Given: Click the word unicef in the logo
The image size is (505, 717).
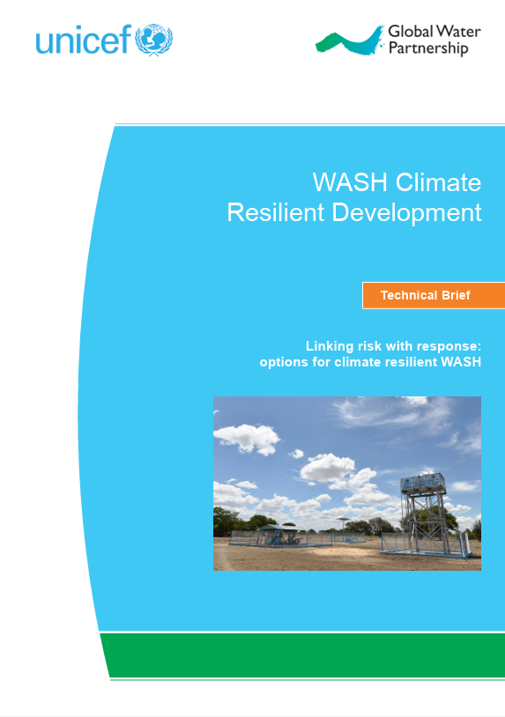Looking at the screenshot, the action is pyautogui.click(x=84, y=40).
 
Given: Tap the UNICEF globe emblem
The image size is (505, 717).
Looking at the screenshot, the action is pyautogui.click(x=153, y=40).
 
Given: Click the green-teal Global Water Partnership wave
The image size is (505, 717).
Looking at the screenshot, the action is pyautogui.click(x=350, y=41).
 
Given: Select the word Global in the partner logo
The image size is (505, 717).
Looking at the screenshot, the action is pyautogui.click(x=411, y=32).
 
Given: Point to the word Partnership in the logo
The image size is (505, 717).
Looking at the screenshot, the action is pyautogui.click(x=428, y=48).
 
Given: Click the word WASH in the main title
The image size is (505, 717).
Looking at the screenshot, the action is pyautogui.click(x=350, y=182).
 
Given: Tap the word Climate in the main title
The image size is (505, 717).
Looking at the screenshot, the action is pyautogui.click(x=438, y=182).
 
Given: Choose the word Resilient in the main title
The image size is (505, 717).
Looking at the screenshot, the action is pyautogui.click(x=275, y=212).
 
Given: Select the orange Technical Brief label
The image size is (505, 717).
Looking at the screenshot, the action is pyautogui.click(x=434, y=295).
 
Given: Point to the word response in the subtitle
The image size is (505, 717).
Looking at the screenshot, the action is pyautogui.click(x=442, y=347).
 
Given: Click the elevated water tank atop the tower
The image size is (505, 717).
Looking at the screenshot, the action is pyautogui.click(x=423, y=482).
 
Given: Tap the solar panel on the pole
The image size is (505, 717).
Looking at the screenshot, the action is pyautogui.click(x=343, y=520).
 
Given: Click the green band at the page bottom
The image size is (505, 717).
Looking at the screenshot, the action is pyautogui.click(x=303, y=654).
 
